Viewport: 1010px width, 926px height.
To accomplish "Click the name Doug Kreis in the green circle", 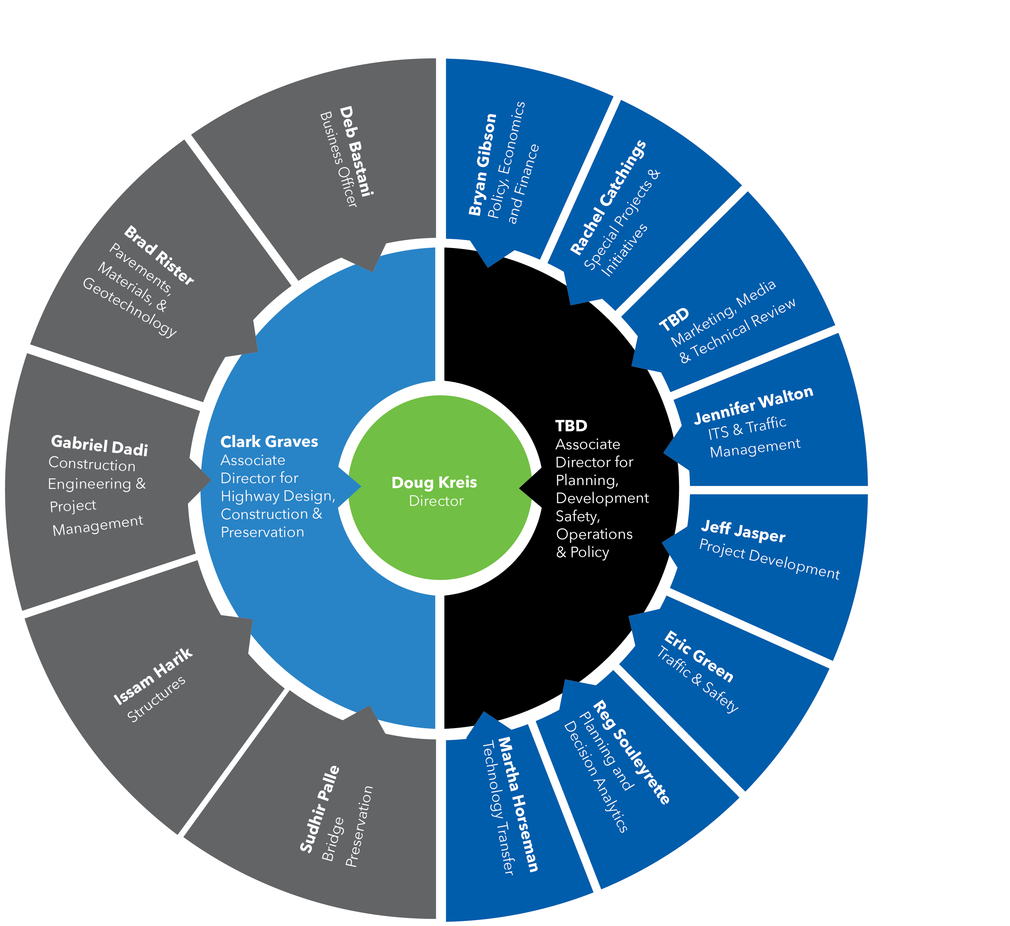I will tap(434, 482).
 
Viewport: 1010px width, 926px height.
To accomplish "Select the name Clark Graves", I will tap(269, 442).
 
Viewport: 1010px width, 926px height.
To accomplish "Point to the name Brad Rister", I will tap(159, 256).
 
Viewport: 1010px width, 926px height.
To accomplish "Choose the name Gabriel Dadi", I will tap(100, 446).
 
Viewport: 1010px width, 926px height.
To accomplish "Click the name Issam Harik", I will tap(153, 676).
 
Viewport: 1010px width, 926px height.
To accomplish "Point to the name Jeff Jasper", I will tap(743, 532).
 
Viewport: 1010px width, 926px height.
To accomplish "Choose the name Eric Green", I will tap(699, 657).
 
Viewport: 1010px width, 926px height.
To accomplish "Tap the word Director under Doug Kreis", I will tap(436, 501).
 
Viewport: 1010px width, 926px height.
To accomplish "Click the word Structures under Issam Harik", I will tap(156, 699).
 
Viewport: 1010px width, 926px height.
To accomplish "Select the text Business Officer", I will tap(339, 159).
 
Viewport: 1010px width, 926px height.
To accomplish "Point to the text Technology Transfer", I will tap(498, 808).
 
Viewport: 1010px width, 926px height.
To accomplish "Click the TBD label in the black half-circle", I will tap(571, 426).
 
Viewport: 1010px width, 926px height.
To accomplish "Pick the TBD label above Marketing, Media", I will tap(674, 320).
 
